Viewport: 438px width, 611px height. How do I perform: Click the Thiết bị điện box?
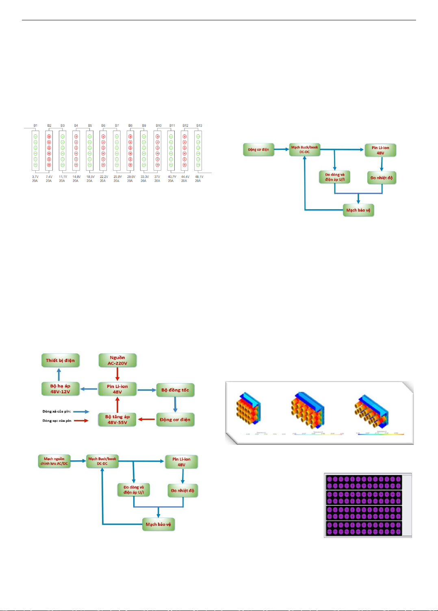[x=60, y=360]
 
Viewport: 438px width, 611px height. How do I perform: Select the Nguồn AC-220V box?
[x=117, y=360]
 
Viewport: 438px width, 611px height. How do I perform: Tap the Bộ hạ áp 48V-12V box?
[x=60, y=389]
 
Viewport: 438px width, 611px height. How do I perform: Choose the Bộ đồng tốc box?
[x=175, y=390]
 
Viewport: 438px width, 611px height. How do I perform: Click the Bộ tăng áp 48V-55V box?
[x=117, y=420]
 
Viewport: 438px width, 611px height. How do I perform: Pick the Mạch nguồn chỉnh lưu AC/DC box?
[x=54, y=461]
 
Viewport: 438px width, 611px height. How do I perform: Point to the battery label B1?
[x=35, y=126]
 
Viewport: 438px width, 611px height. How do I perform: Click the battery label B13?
[x=199, y=126]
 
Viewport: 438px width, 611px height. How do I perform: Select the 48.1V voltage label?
[x=199, y=177]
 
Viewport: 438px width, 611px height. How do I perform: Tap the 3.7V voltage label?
[x=35, y=177]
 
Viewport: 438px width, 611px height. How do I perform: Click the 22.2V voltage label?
[x=104, y=177]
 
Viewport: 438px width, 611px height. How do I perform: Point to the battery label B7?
[x=117, y=126]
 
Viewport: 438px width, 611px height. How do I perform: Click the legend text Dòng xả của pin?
[x=56, y=412]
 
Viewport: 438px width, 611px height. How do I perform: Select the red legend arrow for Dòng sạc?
[x=81, y=420]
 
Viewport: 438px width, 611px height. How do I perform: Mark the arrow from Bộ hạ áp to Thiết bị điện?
[x=59, y=375]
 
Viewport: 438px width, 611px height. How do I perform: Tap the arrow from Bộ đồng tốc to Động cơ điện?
[x=175, y=405]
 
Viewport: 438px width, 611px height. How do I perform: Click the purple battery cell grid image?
[x=364, y=505]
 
